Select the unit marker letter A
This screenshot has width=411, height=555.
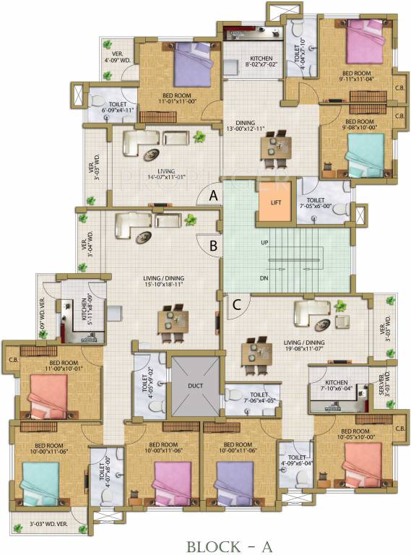[x=213, y=194]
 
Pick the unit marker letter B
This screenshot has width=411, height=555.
[x=213, y=245]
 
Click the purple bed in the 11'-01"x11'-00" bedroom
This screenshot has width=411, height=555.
[x=191, y=66]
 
